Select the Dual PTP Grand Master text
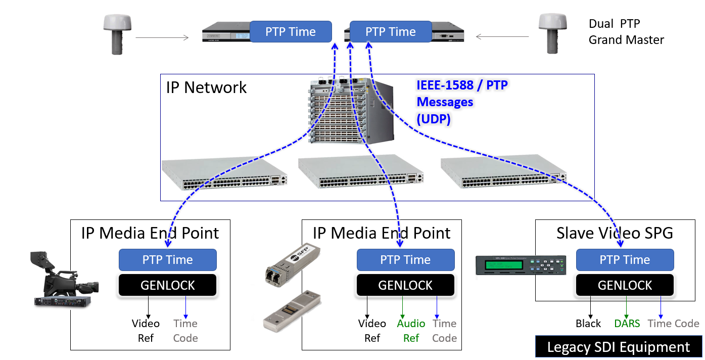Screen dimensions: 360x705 (x=626, y=32)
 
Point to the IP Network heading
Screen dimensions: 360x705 (x=206, y=87)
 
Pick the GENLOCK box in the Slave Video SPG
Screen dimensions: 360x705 (x=625, y=286)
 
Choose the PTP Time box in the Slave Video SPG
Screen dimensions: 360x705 (x=625, y=260)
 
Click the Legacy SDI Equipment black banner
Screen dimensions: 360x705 (x=618, y=347)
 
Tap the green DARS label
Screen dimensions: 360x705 (x=627, y=324)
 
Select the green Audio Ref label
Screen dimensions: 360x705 (x=411, y=331)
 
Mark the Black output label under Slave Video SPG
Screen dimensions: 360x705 (x=588, y=324)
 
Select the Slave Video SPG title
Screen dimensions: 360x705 (x=615, y=233)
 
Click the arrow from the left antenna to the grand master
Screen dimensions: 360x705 (x=162, y=37)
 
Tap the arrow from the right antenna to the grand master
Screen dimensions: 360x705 (x=502, y=36)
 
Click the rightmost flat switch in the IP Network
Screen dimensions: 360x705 (x=503, y=173)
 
